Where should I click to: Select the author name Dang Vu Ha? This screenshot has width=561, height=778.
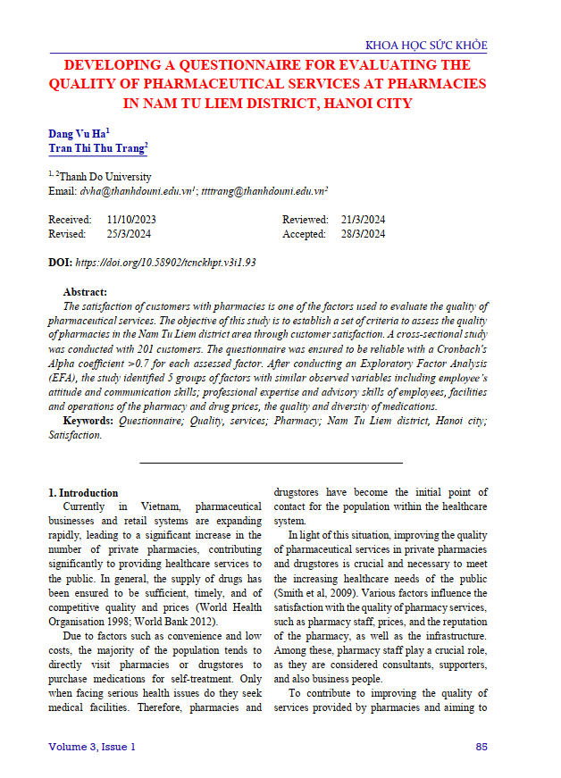click(x=77, y=133)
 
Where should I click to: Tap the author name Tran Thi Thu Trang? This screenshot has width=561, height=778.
click(x=96, y=149)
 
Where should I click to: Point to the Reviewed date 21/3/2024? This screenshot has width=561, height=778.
click(x=363, y=220)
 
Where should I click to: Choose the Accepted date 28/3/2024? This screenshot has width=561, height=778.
click(x=363, y=234)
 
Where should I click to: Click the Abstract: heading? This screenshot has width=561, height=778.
click(x=85, y=292)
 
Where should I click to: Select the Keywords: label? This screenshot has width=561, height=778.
click(x=88, y=420)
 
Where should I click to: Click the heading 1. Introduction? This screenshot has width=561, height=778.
click(x=83, y=492)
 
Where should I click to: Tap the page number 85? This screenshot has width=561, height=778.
click(x=481, y=746)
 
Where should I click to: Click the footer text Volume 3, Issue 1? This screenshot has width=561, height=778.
click(x=92, y=746)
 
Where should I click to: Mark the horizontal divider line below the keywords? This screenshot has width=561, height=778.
click(x=272, y=463)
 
